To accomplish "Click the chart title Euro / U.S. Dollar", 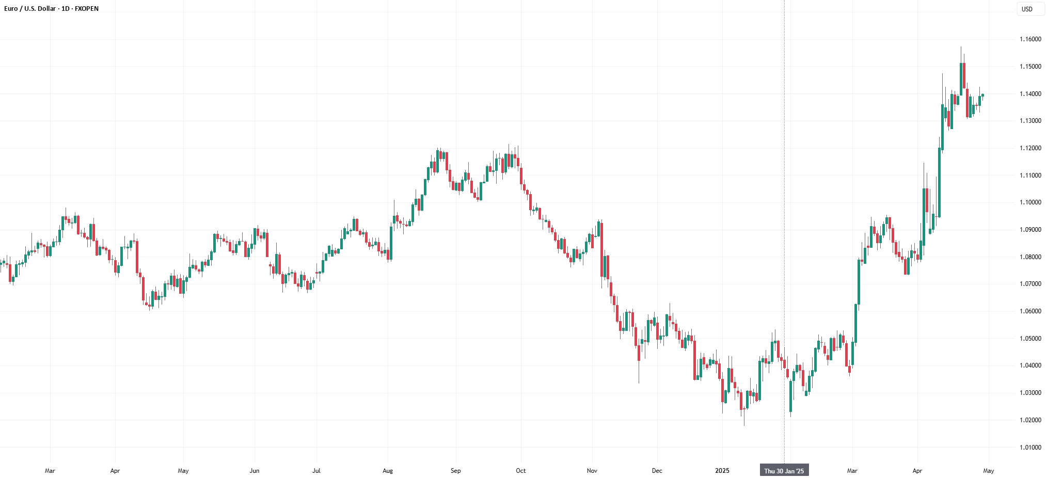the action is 30,9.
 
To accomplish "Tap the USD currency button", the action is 1027,9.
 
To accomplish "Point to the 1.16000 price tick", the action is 1030,39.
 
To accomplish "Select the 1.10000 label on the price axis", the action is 1030,202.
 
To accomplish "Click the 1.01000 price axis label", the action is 1030,448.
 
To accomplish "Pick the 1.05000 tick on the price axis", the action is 1030,339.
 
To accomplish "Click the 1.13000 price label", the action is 1030,121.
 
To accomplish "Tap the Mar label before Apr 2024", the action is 50,471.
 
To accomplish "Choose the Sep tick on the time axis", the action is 455,471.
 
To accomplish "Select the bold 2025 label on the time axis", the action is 722,471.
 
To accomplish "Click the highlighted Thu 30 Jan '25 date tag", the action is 784,471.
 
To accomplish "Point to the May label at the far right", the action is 989,471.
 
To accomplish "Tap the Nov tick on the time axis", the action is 592,471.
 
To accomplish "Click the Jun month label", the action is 255,471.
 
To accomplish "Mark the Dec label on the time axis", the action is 657,471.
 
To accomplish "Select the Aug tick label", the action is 388,471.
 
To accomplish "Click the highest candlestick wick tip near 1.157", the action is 961,47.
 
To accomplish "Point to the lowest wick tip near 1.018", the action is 744,425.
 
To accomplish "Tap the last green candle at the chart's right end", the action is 982,95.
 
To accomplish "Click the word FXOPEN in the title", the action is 87,9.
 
